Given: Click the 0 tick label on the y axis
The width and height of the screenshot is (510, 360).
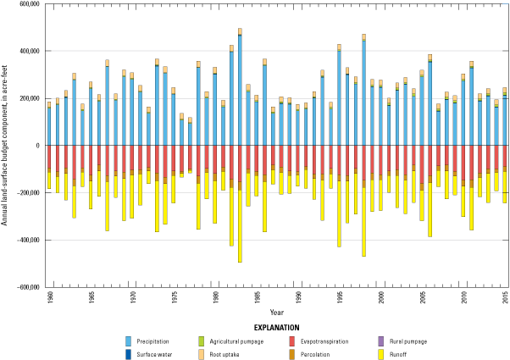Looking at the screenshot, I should click(38, 146).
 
